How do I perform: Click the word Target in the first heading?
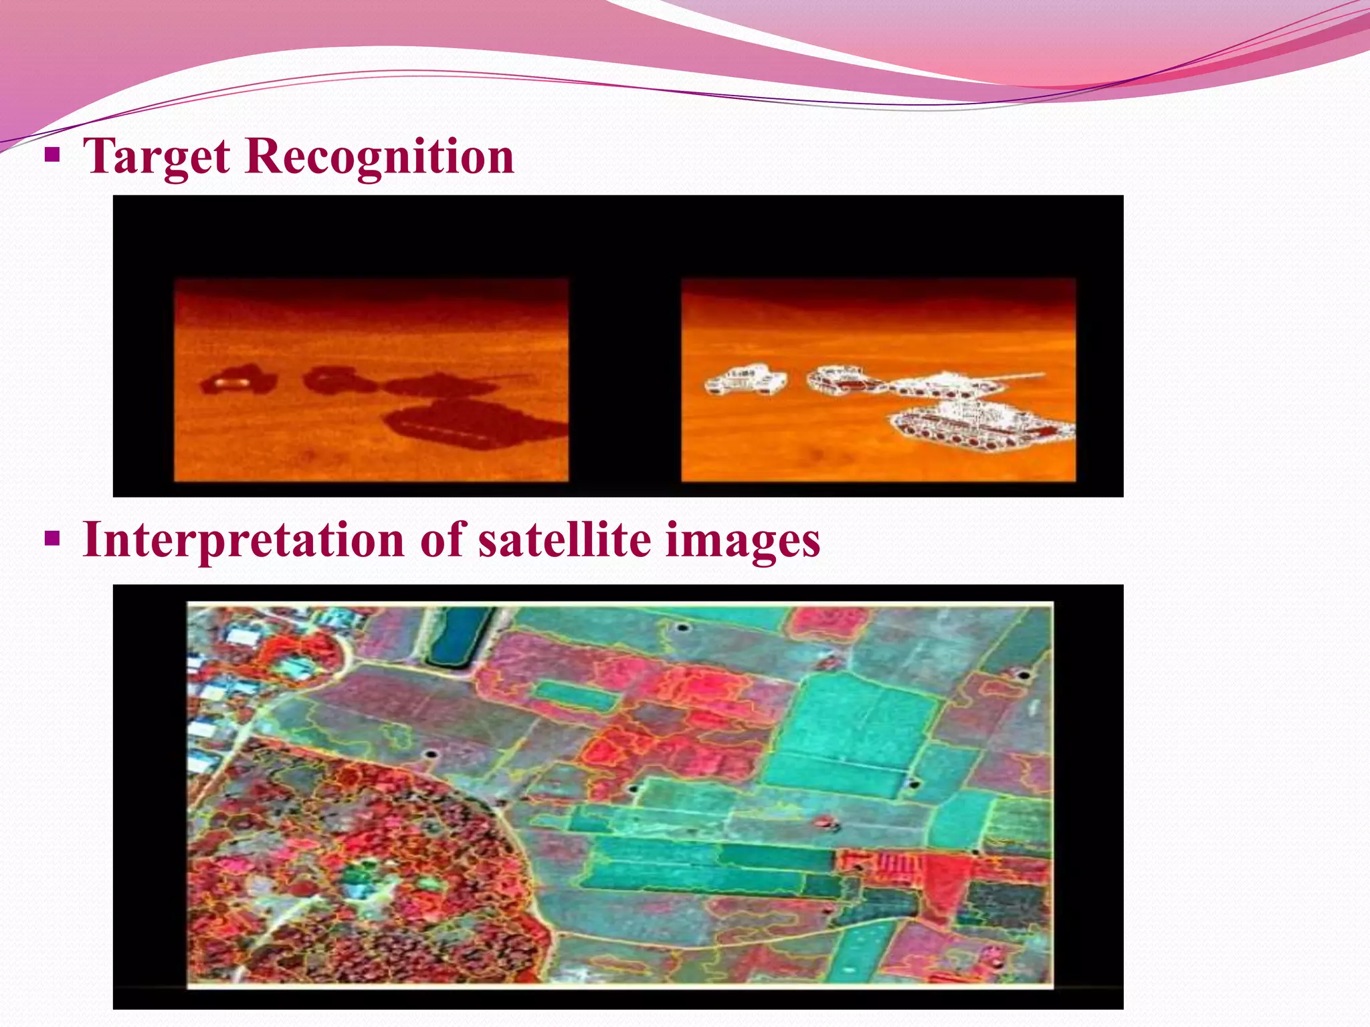coord(156,156)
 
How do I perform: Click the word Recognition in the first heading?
coord(379,156)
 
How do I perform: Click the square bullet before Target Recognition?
coord(52,156)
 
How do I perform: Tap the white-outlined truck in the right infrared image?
coord(745,381)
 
